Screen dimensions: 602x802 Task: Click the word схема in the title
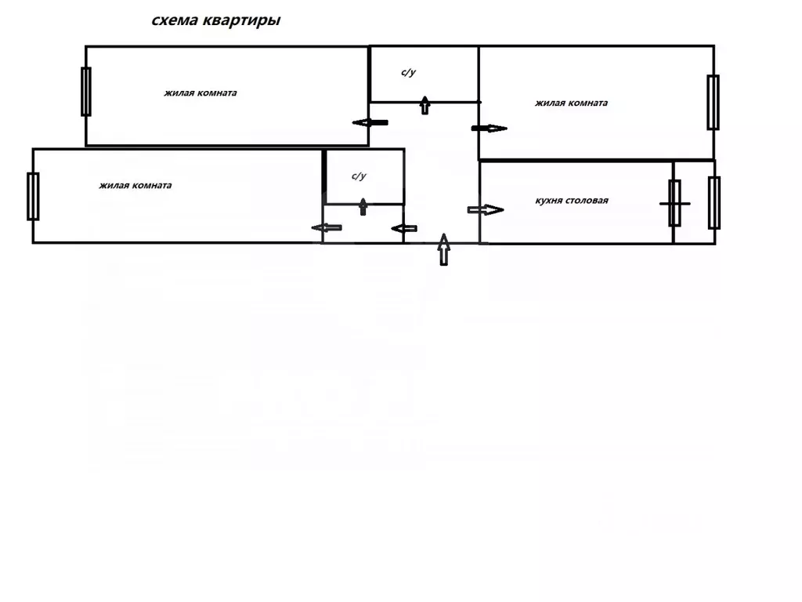point(174,21)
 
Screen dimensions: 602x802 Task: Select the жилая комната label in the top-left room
point(200,92)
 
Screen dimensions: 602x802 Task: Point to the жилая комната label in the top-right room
point(571,103)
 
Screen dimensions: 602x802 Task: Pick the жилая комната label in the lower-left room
point(135,186)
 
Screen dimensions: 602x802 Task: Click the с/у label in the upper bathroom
point(408,73)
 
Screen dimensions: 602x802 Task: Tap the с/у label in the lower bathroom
point(359,176)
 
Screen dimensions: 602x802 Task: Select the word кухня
point(551,201)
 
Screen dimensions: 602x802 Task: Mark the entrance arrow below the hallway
point(444,249)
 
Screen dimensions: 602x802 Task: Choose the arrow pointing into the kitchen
point(485,209)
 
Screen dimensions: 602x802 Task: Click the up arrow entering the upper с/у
point(425,105)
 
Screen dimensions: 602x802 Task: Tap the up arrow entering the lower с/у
point(363,207)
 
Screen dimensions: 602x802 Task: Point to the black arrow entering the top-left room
point(370,122)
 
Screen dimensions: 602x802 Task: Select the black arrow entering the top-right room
point(490,129)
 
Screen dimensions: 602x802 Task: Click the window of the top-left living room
point(86,92)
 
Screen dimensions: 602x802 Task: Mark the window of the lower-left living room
point(33,196)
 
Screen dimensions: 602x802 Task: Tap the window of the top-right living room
point(713,102)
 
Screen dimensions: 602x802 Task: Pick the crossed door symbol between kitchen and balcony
point(674,203)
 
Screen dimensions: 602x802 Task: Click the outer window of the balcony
point(714,202)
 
